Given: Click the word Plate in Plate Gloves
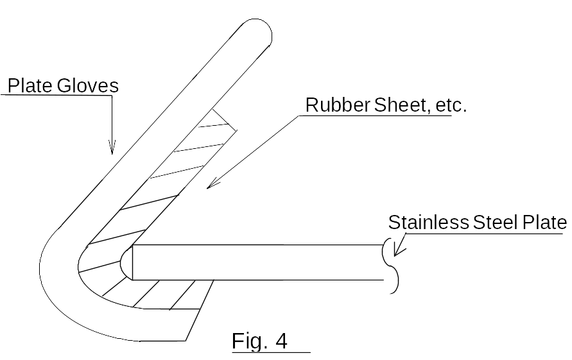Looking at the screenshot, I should tap(30, 85).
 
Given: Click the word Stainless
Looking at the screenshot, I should tap(428, 223).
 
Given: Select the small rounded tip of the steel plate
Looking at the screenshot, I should tap(126, 262).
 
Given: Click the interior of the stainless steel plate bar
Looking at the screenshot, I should tap(257, 262).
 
